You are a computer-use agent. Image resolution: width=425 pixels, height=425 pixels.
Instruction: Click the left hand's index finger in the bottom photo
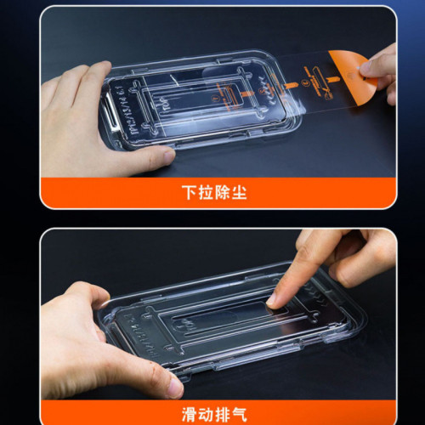81,293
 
